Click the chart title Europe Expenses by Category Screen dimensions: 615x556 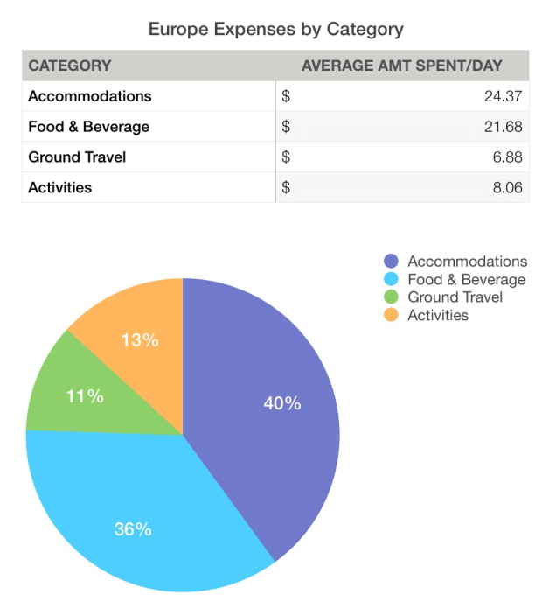click(x=276, y=29)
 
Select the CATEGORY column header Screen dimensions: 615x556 click(x=70, y=66)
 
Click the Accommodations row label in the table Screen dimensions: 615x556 click(x=90, y=96)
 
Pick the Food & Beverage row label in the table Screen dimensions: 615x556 click(x=89, y=127)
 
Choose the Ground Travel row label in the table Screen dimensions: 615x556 click(x=78, y=157)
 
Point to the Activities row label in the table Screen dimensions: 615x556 click(x=60, y=187)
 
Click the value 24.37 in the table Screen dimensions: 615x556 click(x=503, y=96)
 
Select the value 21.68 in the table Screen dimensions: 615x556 click(x=503, y=127)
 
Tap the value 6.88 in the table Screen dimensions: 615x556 click(x=507, y=157)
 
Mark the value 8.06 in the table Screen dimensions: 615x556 click(x=507, y=187)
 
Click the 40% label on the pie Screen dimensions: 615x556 click(x=282, y=403)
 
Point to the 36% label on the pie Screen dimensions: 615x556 click(x=133, y=528)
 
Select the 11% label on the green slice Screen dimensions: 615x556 click(x=85, y=396)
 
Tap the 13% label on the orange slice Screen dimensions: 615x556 click(x=140, y=340)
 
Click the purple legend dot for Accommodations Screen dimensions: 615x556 click(x=392, y=262)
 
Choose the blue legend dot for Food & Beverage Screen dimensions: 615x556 click(x=392, y=280)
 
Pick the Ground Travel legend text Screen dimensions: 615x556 click(x=455, y=297)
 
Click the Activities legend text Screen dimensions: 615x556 click(x=438, y=315)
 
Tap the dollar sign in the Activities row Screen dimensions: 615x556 click(x=286, y=187)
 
